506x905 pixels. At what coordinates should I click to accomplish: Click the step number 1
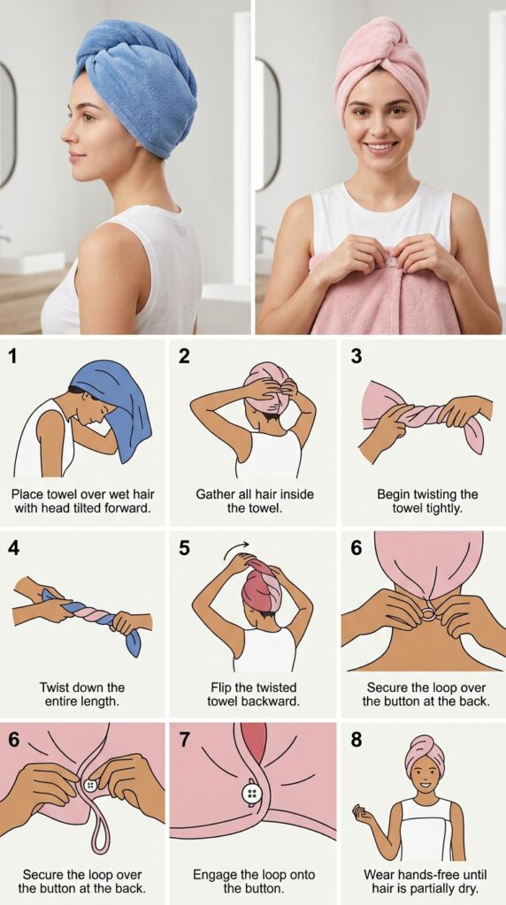click(12, 357)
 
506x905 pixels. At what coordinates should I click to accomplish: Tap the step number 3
click(356, 357)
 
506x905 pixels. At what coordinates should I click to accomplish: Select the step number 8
click(356, 740)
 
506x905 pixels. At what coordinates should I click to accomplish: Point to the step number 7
click(185, 740)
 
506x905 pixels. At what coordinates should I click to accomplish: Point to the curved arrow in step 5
click(237, 546)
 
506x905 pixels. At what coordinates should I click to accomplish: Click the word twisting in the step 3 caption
click(439, 495)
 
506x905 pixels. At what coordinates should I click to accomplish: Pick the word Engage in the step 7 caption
click(214, 876)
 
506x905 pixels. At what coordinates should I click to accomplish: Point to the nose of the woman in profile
click(65, 133)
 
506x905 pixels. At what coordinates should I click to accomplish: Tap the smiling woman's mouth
click(381, 148)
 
